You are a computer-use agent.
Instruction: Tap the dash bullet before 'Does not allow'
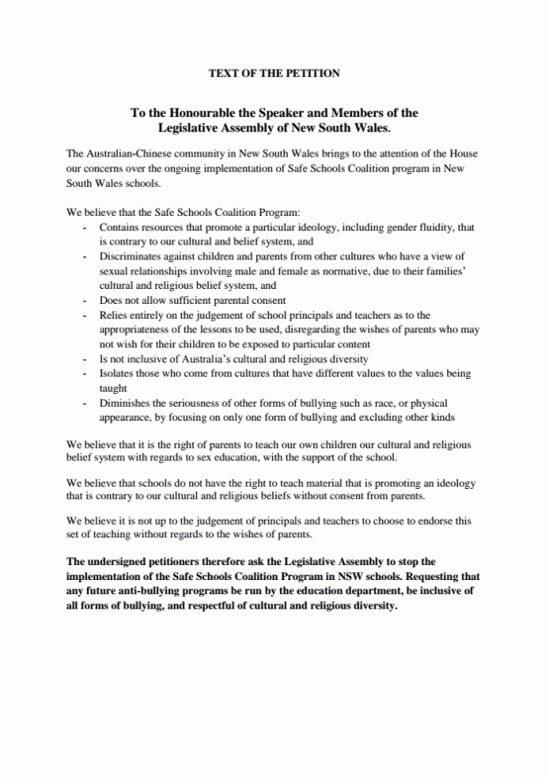coord(86,299)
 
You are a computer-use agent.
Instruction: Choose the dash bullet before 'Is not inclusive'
coord(86,357)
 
